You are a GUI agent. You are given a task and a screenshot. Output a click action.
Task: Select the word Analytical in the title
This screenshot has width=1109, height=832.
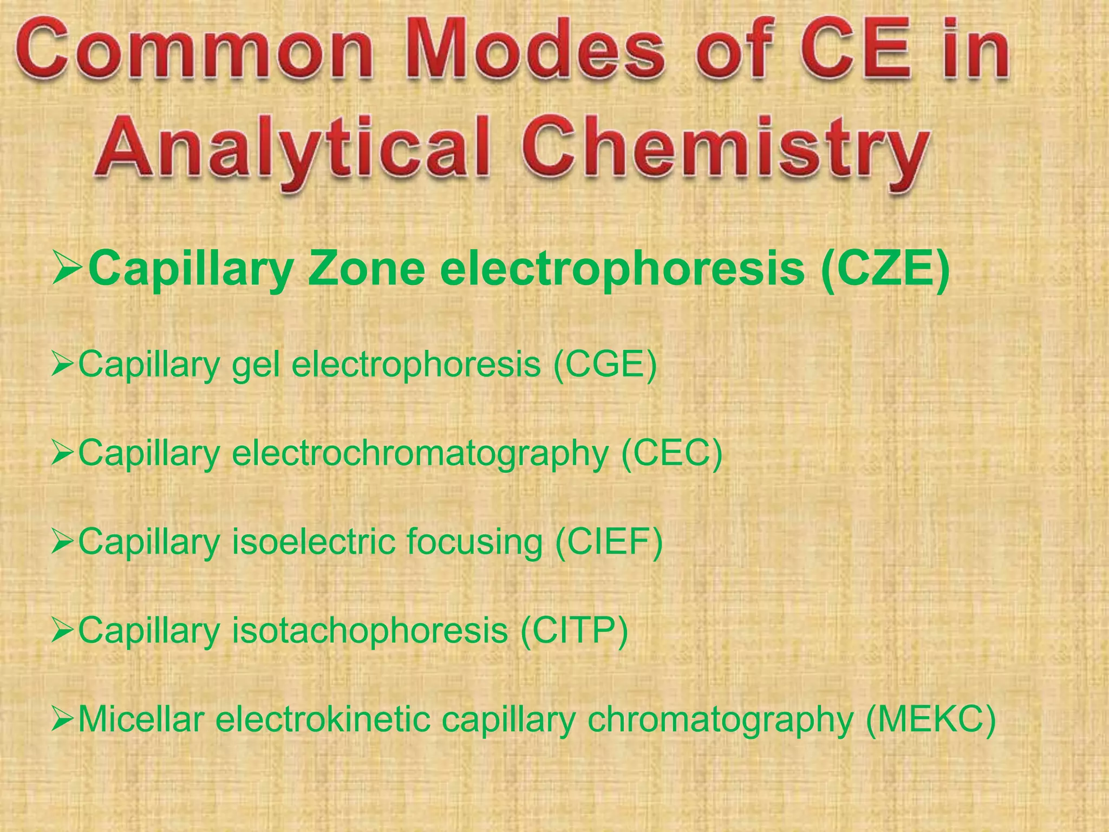click(x=292, y=147)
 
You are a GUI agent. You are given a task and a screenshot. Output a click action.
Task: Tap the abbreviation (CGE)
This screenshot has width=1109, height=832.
click(x=605, y=364)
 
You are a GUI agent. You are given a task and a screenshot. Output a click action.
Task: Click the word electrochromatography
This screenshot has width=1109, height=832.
click(x=420, y=454)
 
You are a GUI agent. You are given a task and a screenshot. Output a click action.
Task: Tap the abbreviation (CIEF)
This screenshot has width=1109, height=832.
click(x=609, y=541)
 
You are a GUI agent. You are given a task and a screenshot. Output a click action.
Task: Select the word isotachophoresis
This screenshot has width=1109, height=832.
click(x=370, y=631)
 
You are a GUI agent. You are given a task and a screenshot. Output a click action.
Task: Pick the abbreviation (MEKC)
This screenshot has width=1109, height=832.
click(x=930, y=720)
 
